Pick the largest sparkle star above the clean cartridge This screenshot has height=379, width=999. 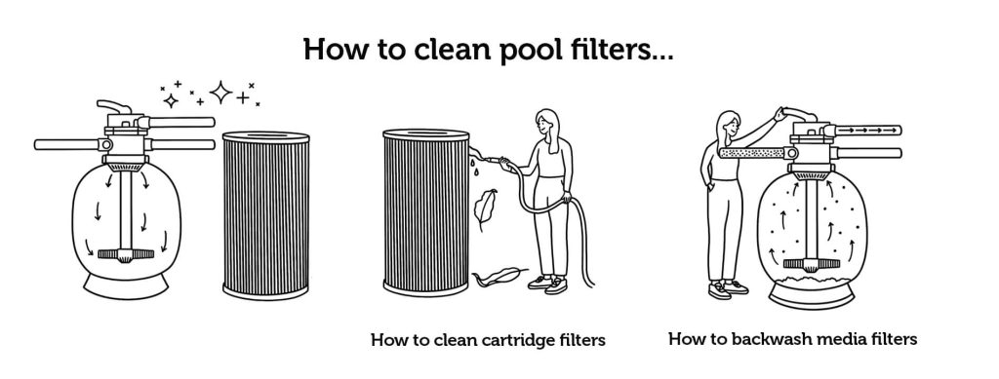coord(221,94)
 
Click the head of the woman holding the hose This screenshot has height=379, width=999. coord(543,124)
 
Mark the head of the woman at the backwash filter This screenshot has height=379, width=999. coord(727,124)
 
